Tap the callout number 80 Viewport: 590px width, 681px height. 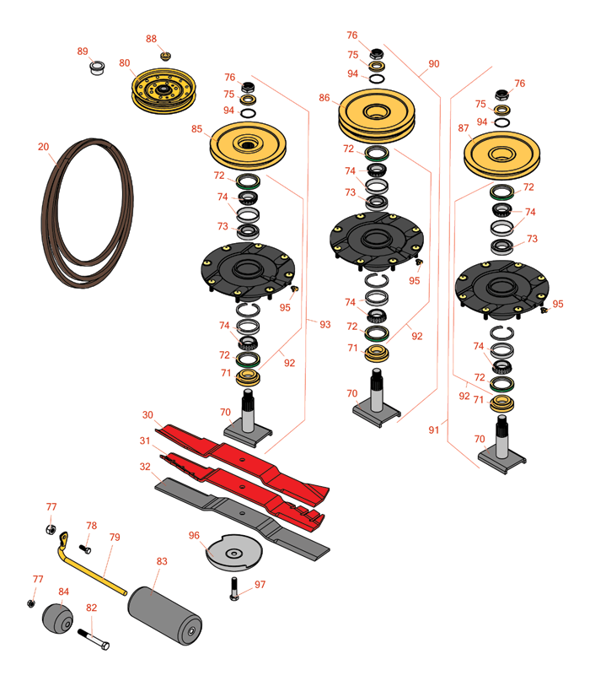point(125,63)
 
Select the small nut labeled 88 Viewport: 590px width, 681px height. point(165,57)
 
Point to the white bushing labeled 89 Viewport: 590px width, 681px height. point(97,67)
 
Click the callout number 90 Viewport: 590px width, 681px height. point(434,64)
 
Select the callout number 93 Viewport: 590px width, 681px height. point(325,323)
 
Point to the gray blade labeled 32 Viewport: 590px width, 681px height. point(253,519)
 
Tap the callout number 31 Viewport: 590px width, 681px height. point(146,440)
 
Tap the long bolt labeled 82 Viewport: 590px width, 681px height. point(94,639)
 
